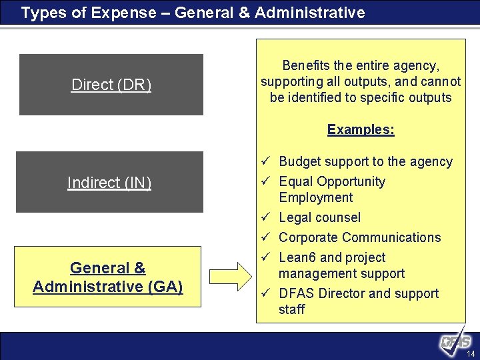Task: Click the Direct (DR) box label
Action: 111,85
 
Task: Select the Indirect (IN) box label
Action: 109,183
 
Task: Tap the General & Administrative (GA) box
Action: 107,277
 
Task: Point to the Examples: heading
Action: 361,129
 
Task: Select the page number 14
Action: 471,353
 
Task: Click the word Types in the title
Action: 41,13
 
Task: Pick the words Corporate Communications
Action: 359,237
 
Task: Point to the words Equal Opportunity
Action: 332,181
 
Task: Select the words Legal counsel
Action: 319,217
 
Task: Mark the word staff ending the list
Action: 291,309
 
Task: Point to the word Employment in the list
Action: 315,197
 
